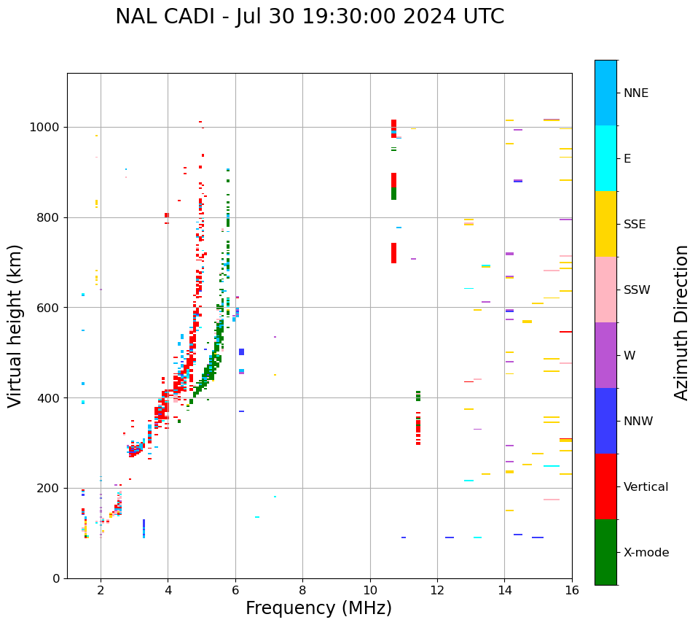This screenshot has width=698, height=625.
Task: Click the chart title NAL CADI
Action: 310,17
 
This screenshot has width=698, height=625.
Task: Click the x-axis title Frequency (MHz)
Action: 318,608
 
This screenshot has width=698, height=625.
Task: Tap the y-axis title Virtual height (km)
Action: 15,325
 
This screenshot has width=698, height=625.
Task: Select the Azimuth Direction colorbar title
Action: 681,322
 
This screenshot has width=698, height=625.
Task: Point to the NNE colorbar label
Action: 635,93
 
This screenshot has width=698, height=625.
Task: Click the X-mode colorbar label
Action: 646,553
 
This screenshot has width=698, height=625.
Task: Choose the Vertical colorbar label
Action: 646,487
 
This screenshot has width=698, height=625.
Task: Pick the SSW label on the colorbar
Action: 637,290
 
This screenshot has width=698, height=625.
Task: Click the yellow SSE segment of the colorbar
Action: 605,224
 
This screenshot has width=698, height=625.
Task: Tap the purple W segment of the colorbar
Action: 605,355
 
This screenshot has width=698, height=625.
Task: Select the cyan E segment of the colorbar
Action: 605,158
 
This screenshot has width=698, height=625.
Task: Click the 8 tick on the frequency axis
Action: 302,589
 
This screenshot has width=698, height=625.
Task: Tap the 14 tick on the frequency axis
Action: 504,589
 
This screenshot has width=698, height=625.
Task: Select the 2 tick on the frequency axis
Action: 101,589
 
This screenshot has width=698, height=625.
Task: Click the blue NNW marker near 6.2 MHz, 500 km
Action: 241,352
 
